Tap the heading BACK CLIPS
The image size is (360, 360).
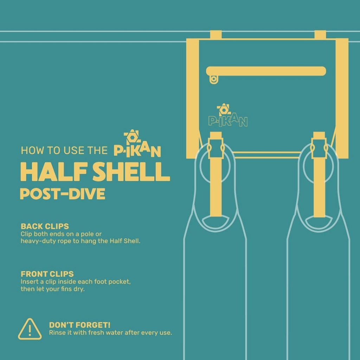[x=45, y=226]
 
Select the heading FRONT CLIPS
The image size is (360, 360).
[x=47, y=274]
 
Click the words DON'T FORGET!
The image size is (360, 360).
[x=80, y=325]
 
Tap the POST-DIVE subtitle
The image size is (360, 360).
[x=63, y=194]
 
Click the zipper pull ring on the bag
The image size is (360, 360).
[x=213, y=79]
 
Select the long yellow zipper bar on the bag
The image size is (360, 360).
[x=266, y=71]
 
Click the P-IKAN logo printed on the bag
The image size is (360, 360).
[x=228, y=115]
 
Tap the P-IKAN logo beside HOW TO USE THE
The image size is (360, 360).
[x=137, y=143]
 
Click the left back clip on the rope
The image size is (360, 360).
[x=216, y=35]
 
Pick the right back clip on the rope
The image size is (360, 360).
[x=320, y=35]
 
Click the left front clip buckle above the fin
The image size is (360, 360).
[x=216, y=148]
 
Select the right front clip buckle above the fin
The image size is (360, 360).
[x=319, y=148]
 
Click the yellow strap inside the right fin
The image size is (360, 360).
[x=319, y=187]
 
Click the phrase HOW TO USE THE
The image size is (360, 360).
[x=64, y=150]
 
